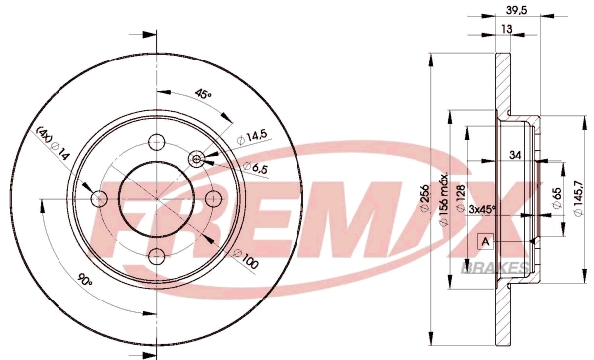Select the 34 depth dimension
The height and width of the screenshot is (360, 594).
(515, 155)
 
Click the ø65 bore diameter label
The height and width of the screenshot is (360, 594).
(557, 190)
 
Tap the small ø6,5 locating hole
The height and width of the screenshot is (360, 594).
(197, 159)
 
